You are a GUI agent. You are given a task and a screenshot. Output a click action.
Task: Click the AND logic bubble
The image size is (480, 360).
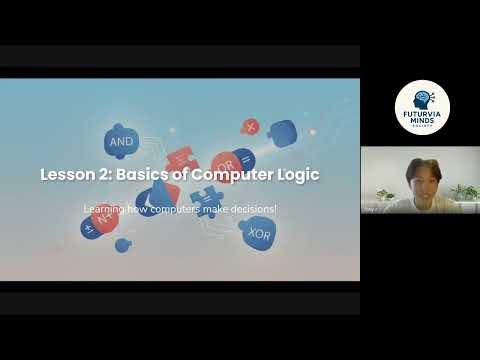pyautogui.click(x=120, y=142)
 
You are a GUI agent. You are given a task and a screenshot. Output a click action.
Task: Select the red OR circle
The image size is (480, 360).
pyautogui.click(x=226, y=161)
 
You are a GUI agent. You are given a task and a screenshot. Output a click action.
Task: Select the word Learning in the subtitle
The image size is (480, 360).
pyautogui.click(x=105, y=209)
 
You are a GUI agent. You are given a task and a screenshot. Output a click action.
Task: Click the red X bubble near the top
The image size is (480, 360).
pyautogui.click(x=250, y=127)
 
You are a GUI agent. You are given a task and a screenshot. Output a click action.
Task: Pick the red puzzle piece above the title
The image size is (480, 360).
pyautogui.click(x=181, y=157)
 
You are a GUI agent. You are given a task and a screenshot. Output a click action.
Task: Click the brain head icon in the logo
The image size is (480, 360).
pyautogui.click(x=422, y=99)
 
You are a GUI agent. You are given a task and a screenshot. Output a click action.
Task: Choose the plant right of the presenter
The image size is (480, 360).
pyautogui.click(x=463, y=191)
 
